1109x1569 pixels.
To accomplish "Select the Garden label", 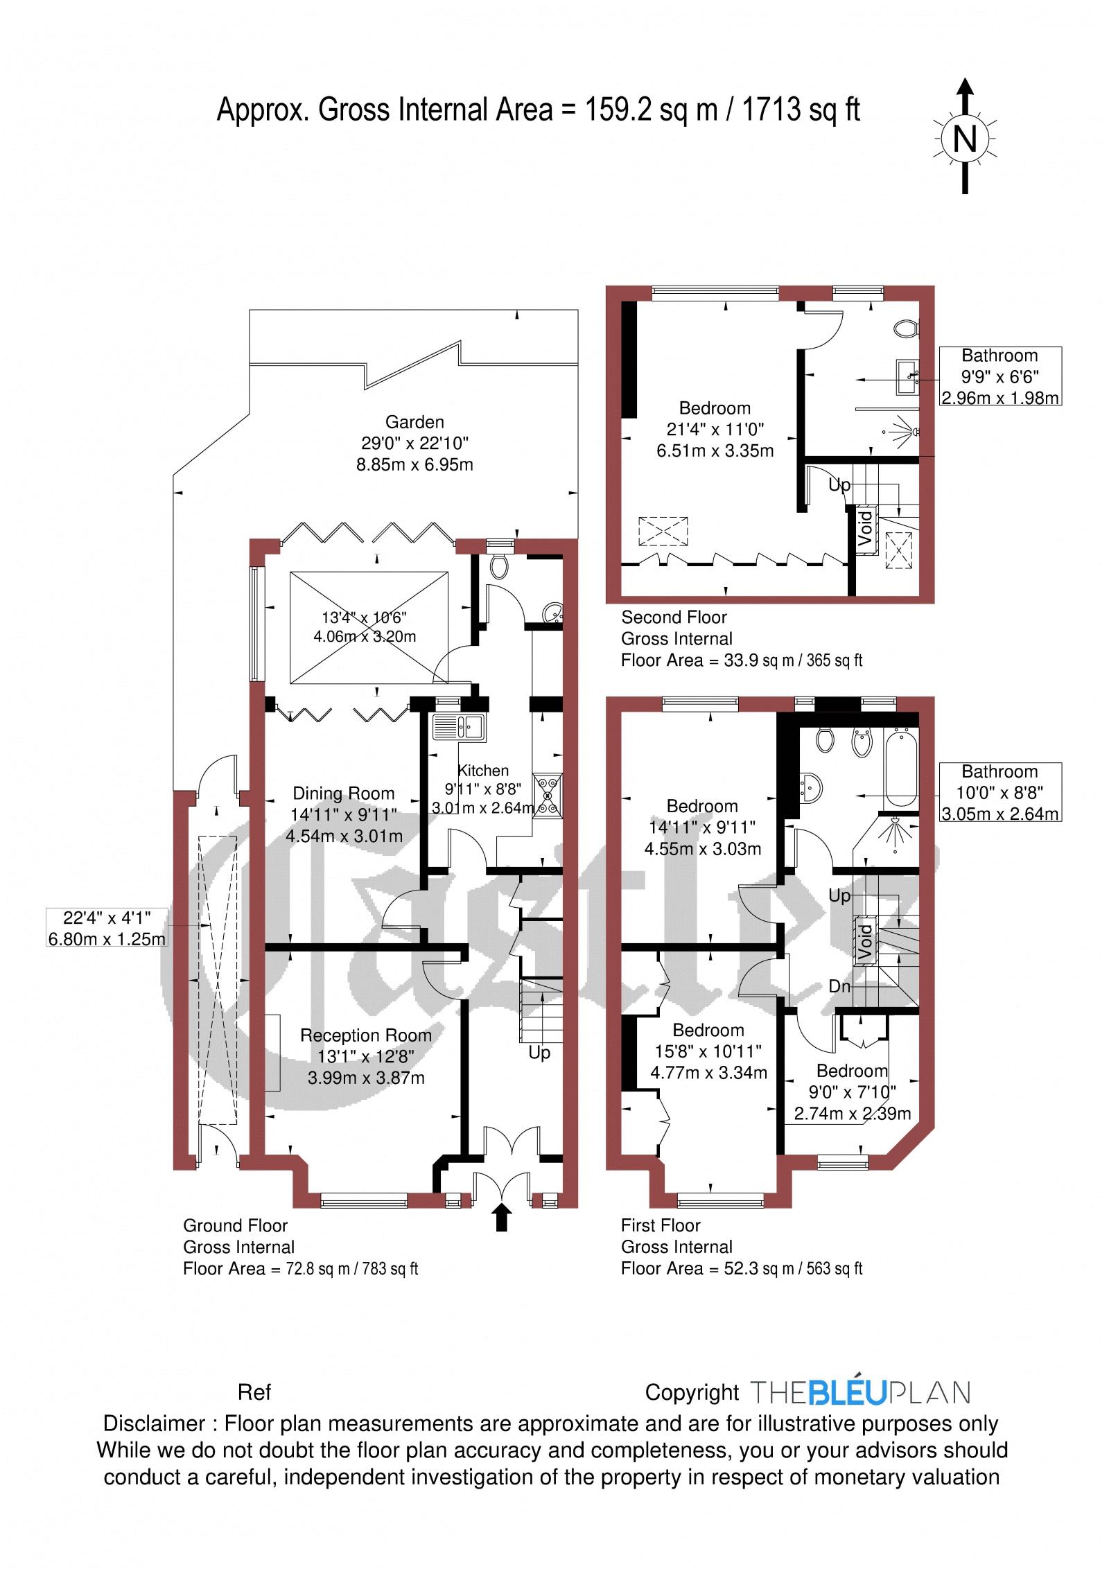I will [x=414, y=421].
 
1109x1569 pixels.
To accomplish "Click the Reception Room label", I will [x=365, y=1035].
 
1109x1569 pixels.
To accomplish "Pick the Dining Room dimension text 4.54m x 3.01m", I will [x=344, y=836].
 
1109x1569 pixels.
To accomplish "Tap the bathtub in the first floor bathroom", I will [x=900, y=768].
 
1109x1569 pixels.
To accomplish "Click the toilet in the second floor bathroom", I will [x=906, y=328].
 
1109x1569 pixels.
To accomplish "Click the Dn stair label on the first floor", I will [x=839, y=986].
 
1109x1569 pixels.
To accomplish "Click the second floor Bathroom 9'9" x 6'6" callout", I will [x=999, y=376].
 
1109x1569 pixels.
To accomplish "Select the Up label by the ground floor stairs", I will [x=539, y=1053].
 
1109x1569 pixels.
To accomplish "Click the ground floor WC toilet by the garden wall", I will [x=498, y=567].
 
